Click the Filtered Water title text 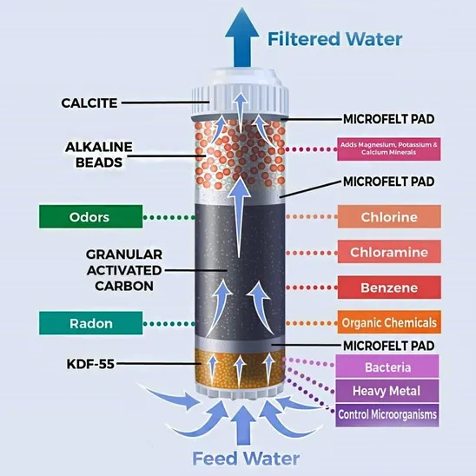(x=334, y=39)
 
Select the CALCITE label (x=89, y=102)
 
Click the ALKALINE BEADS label (x=99, y=155)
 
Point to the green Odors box (x=90, y=217)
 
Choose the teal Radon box (x=90, y=323)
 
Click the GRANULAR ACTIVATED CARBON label (x=124, y=270)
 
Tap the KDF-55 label (x=90, y=364)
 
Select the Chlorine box (x=389, y=217)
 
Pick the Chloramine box (x=389, y=252)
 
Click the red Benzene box (x=389, y=288)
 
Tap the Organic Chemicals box (x=389, y=322)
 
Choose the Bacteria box (x=387, y=367)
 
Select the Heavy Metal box (x=387, y=391)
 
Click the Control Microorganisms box (x=387, y=415)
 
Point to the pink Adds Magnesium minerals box (x=389, y=149)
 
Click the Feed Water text (x=246, y=459)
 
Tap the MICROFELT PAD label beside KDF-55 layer (x=389, y=346)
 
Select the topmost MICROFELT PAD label (x=389, y=119)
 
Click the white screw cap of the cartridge (x=240, y=93)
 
